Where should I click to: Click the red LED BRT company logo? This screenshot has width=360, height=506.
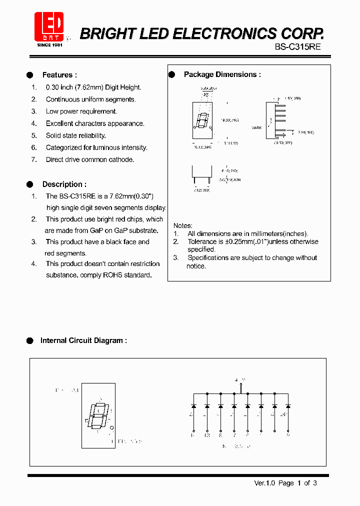click(x=49, y=27)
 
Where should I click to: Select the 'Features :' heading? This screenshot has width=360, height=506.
click(x=59, y=75)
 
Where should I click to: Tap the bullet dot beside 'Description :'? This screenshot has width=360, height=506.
click(x=29, y=184)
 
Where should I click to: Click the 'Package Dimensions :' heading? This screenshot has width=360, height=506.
click(x=222, y=74)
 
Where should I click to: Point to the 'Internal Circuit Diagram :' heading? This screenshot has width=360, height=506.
click(x=83, y=340)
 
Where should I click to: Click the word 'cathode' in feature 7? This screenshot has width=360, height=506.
click(x=122, y=159)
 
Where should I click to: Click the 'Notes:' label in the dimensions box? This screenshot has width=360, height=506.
click(x=182, y=225)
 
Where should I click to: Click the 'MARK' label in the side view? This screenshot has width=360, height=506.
click(x=256, y=128)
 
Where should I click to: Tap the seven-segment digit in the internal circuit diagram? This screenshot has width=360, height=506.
click(x=98, y=414)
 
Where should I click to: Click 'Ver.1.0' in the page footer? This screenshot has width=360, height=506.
click(x=265, y=483)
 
